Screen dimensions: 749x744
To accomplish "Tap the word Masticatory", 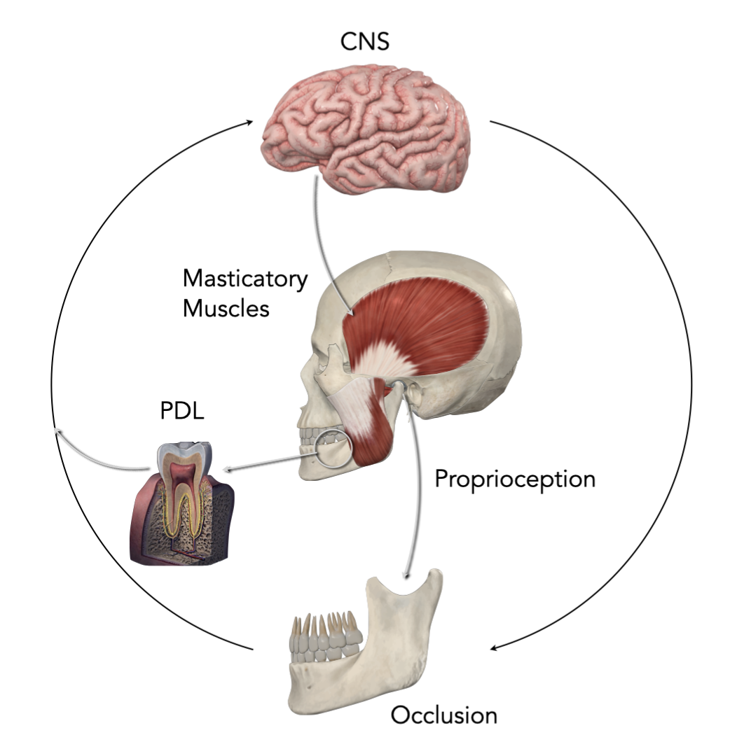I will pyautogui.click(x=245, y=279).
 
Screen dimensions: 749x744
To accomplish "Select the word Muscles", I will pyautogui.click(x=226, y=308).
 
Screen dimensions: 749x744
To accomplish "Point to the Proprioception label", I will pyautogui.click(x=515, y=479).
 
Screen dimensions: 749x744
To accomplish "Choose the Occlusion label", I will pyautogui.click(x=443, y=715).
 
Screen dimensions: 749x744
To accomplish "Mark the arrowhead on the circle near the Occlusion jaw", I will pyautogui.click(x=494, y=647).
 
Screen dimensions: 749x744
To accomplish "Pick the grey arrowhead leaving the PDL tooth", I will pyautogui.click(x=59, y=433).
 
